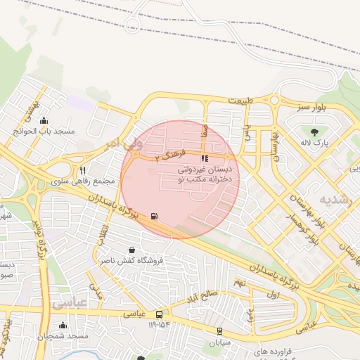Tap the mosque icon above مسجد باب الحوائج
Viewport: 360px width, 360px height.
point(44,120)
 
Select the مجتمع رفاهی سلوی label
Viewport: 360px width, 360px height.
point(83,181)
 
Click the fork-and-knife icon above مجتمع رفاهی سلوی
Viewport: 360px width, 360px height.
point(83,170)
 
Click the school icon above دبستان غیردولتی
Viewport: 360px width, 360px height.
point(205,158)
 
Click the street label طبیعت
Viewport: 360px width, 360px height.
point(239,101)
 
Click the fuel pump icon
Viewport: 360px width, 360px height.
point(154,217)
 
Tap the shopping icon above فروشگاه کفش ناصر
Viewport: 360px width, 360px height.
point(131,250)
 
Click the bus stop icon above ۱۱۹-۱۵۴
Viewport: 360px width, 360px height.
point(160,315)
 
